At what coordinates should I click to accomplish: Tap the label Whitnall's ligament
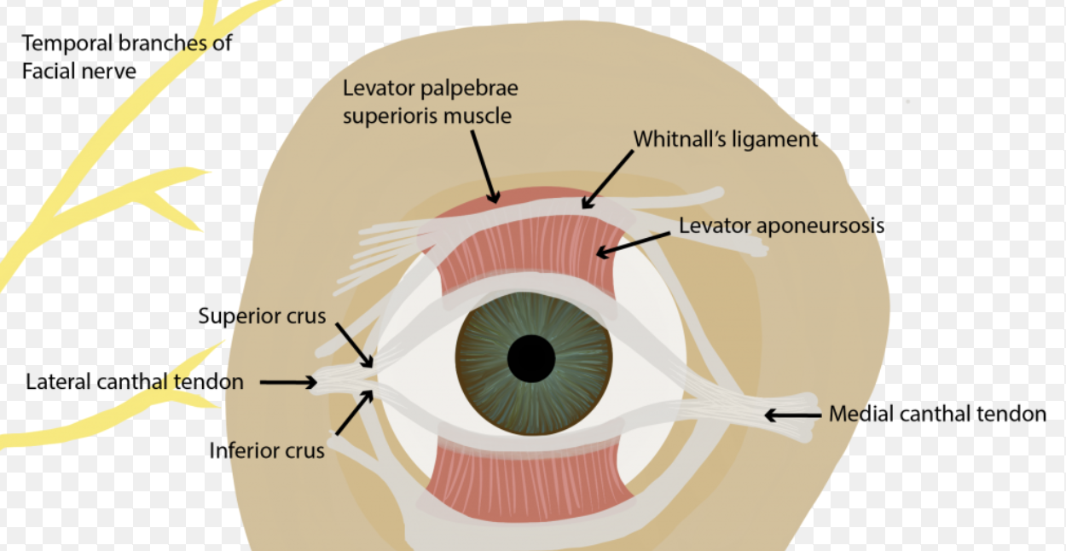(x=725, y=139)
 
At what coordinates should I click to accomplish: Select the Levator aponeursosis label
(x=781, y=226)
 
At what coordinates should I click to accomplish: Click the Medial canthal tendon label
(x=937, y=415)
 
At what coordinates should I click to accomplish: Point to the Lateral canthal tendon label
(x=135, y=381)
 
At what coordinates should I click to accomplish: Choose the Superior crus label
(x=262, y=316)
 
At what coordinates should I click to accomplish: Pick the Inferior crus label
(x=267, y=449)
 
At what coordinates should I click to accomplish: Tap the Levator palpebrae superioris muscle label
(x=430, y=101)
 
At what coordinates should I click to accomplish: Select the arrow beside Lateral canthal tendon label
(x=287, y=382)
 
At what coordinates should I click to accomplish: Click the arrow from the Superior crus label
(x=353, y=345)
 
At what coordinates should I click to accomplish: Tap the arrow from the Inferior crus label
(x=353, y=411)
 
